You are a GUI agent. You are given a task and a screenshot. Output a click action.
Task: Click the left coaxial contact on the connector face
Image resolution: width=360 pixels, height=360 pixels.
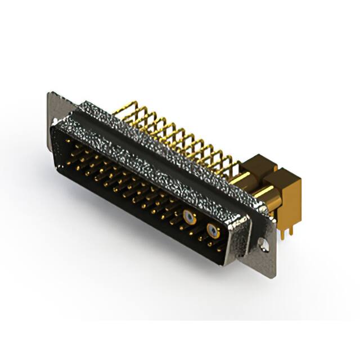(191, 217)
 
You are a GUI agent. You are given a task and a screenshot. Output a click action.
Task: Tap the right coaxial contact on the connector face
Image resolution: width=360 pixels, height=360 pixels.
(213, 229)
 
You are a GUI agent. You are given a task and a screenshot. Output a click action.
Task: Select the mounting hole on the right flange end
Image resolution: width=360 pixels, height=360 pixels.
(263, 244)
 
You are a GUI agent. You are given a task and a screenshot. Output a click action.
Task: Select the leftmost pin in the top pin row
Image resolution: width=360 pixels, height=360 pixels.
(70, 142)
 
